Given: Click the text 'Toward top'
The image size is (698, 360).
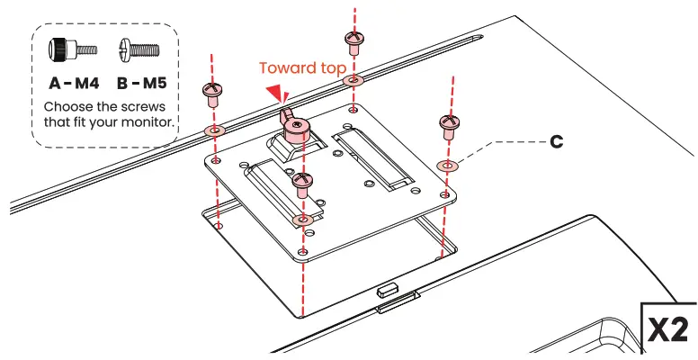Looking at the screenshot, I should tap(301, 68).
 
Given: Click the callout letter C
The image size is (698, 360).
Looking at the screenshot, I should tap(557, 143).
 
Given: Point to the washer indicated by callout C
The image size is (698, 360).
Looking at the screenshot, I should tap(447, 166).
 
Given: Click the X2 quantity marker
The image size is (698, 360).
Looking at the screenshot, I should tap(670, 329).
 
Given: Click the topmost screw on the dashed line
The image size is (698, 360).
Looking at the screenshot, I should tap(353, 40).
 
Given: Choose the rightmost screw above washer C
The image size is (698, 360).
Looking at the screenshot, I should tap(447, 124).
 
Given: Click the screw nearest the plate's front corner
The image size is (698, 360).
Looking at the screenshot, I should tap(303, 184).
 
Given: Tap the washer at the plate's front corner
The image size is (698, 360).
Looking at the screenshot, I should tap(304, 220).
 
